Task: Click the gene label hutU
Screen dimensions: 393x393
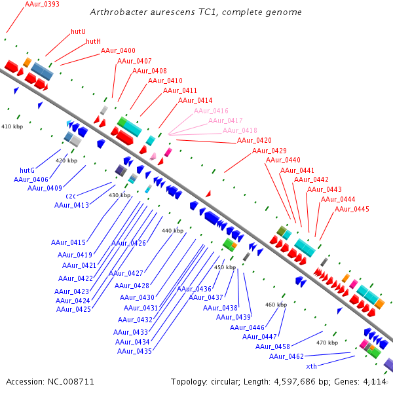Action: click(x=78, y=31)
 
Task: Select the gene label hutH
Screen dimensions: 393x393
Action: click(x=94, y=41)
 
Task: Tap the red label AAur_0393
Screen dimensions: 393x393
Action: click(x=42, y=4)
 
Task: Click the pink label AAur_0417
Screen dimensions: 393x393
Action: click(x=225, y=121)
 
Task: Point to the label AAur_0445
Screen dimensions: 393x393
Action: click(x=352, y=209)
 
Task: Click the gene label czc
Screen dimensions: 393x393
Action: click(x=71, y=196)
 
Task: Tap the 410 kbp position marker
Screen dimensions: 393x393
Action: click(x=12, y=126)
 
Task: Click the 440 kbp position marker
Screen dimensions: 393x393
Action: click(x=172, y=231)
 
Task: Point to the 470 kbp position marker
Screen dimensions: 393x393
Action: click(x=327, y=342)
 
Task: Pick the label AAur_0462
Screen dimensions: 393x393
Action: click(x=286, y=356)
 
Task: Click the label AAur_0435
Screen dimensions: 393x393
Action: click(x=134, y=351)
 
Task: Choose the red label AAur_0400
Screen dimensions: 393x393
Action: click(x=118, y=50)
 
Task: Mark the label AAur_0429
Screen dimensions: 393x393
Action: click(x=269, y=151)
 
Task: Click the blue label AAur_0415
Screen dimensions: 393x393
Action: click(x=68, y=242)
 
